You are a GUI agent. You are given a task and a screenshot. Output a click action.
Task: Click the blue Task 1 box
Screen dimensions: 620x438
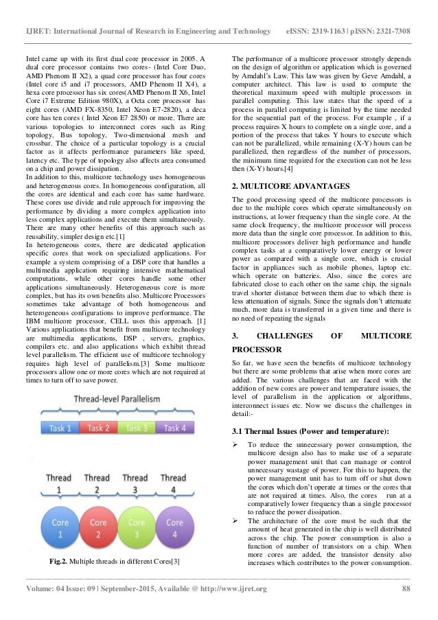point(60,428)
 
